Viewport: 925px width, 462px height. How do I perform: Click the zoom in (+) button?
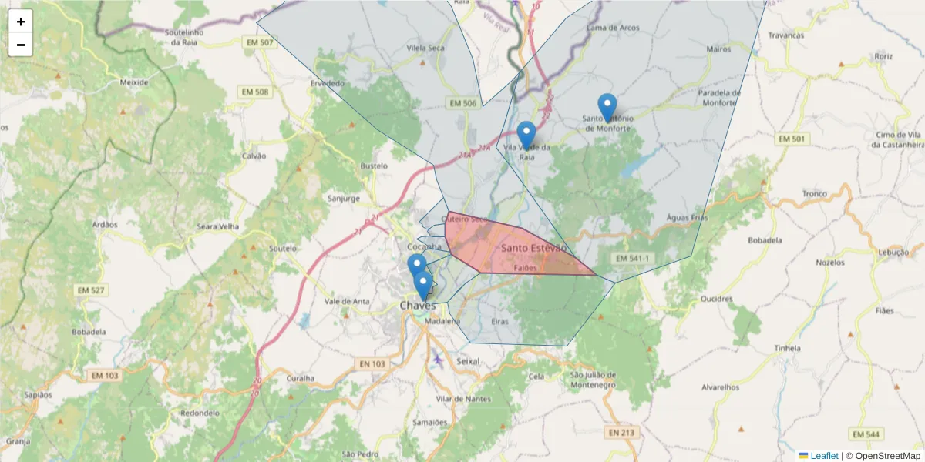pyautogui.click(x=21, y=22)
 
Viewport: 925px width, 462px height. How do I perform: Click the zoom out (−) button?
pyautogui.click(x=21, y=45)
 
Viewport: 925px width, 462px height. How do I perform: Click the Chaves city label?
pyautogui.click(x=417, y=306)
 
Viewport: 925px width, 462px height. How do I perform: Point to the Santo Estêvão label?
pyautogui.click(x=533, y=248)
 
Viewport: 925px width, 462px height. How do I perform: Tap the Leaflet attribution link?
pyautogui.click(x=824, y=456)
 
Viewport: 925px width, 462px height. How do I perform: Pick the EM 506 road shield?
pyautogui.click(x=463, y=103)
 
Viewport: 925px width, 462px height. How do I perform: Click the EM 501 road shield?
pyautogui.click(x=792, y=139)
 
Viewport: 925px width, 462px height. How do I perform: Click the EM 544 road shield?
pyautogui.click(x=867, y=434)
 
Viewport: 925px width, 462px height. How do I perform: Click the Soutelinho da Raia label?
pyautogui.click(x=185, y=38)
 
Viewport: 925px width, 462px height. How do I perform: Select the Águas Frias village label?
pyautogui.click(x=686, y=218)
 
